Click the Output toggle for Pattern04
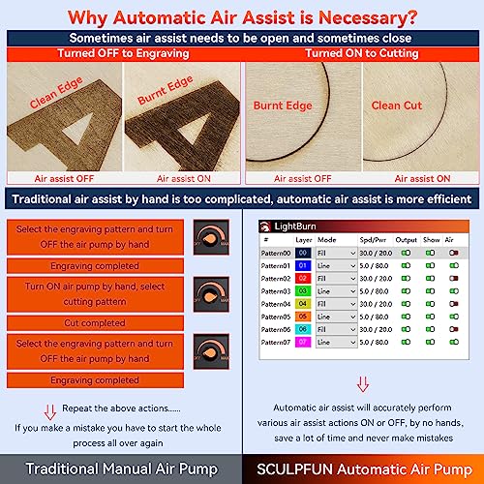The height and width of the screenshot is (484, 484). [406, 303]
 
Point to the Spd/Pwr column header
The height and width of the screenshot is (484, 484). [374, 238]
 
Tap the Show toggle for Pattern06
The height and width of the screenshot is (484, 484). [431, 329]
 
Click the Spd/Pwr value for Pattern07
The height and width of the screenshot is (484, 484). [376, 342]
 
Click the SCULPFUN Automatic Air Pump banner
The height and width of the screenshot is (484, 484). [363, 469]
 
